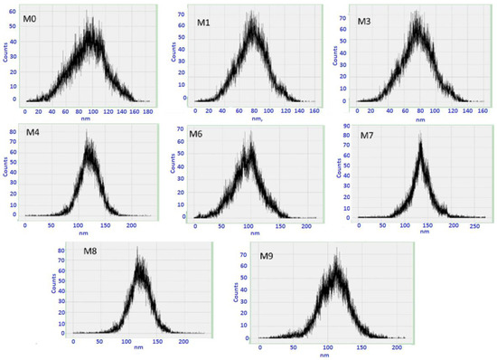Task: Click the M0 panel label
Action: [31, 15]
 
